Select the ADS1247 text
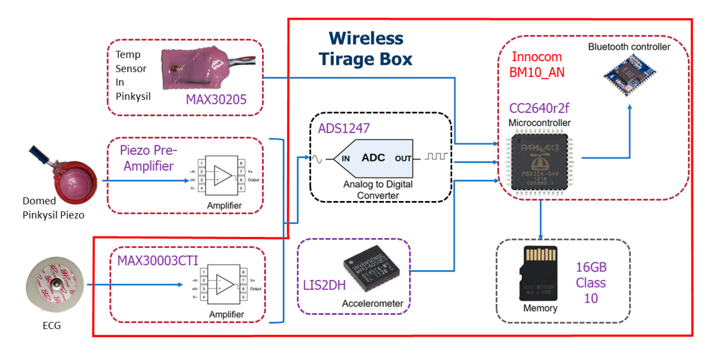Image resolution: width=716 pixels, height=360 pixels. click(344, 128)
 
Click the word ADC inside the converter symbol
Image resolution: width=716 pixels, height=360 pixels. click(373, 158)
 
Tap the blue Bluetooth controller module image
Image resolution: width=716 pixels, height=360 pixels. click(629, 75)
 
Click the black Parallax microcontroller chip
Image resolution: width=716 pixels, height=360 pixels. click(539, 162)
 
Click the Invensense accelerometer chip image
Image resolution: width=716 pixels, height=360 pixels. click(371, 268)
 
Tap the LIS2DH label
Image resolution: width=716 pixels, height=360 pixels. click(324, 285)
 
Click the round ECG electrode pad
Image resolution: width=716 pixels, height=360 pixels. click(55, 284)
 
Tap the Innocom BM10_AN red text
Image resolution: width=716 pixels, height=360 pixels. click(537, 64)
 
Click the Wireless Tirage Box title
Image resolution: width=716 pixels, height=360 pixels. click(365, 49)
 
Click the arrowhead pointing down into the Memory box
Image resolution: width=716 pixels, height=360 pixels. click(540, 237)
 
